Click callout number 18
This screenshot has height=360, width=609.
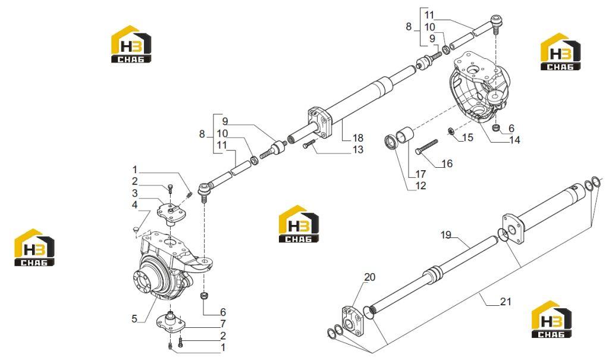point(357,137)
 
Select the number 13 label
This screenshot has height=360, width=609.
point(357,149)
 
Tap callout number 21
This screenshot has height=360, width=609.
point(506,301)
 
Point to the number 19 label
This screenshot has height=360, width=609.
point(446,235)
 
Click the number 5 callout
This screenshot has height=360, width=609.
point(134,319)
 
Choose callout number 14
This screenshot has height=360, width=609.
point(514,140)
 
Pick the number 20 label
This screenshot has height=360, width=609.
point(370,277)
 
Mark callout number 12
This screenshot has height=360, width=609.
point(420,186)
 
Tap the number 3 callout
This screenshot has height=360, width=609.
point(135,193)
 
